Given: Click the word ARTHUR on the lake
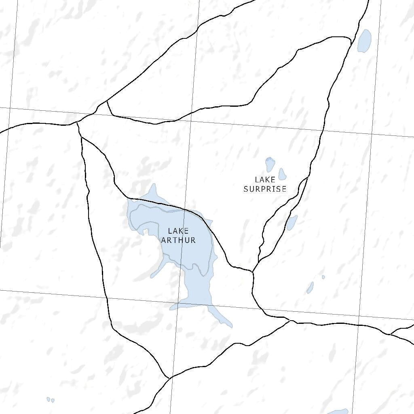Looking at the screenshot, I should [x=178, y=240].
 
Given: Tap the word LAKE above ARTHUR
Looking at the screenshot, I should [x=178, y=231].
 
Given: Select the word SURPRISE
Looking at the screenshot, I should [x=265, y=189].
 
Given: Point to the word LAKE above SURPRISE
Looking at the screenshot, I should [x=265, y=180].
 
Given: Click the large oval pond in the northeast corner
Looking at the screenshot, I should [x=364, y=41].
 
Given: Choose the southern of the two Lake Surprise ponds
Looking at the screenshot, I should [x=282, y=174].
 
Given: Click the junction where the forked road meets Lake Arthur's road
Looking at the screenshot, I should [x=253, y=272].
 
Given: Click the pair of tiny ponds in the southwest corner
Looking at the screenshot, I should [x=50, y=400].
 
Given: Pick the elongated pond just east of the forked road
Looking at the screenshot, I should [x=292, y=222].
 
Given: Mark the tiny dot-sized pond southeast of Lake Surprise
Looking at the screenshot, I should [x=323, y=277].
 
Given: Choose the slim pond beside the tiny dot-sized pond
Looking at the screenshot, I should [x=310, y=287].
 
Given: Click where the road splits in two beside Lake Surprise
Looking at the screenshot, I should [x=307, y=178].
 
